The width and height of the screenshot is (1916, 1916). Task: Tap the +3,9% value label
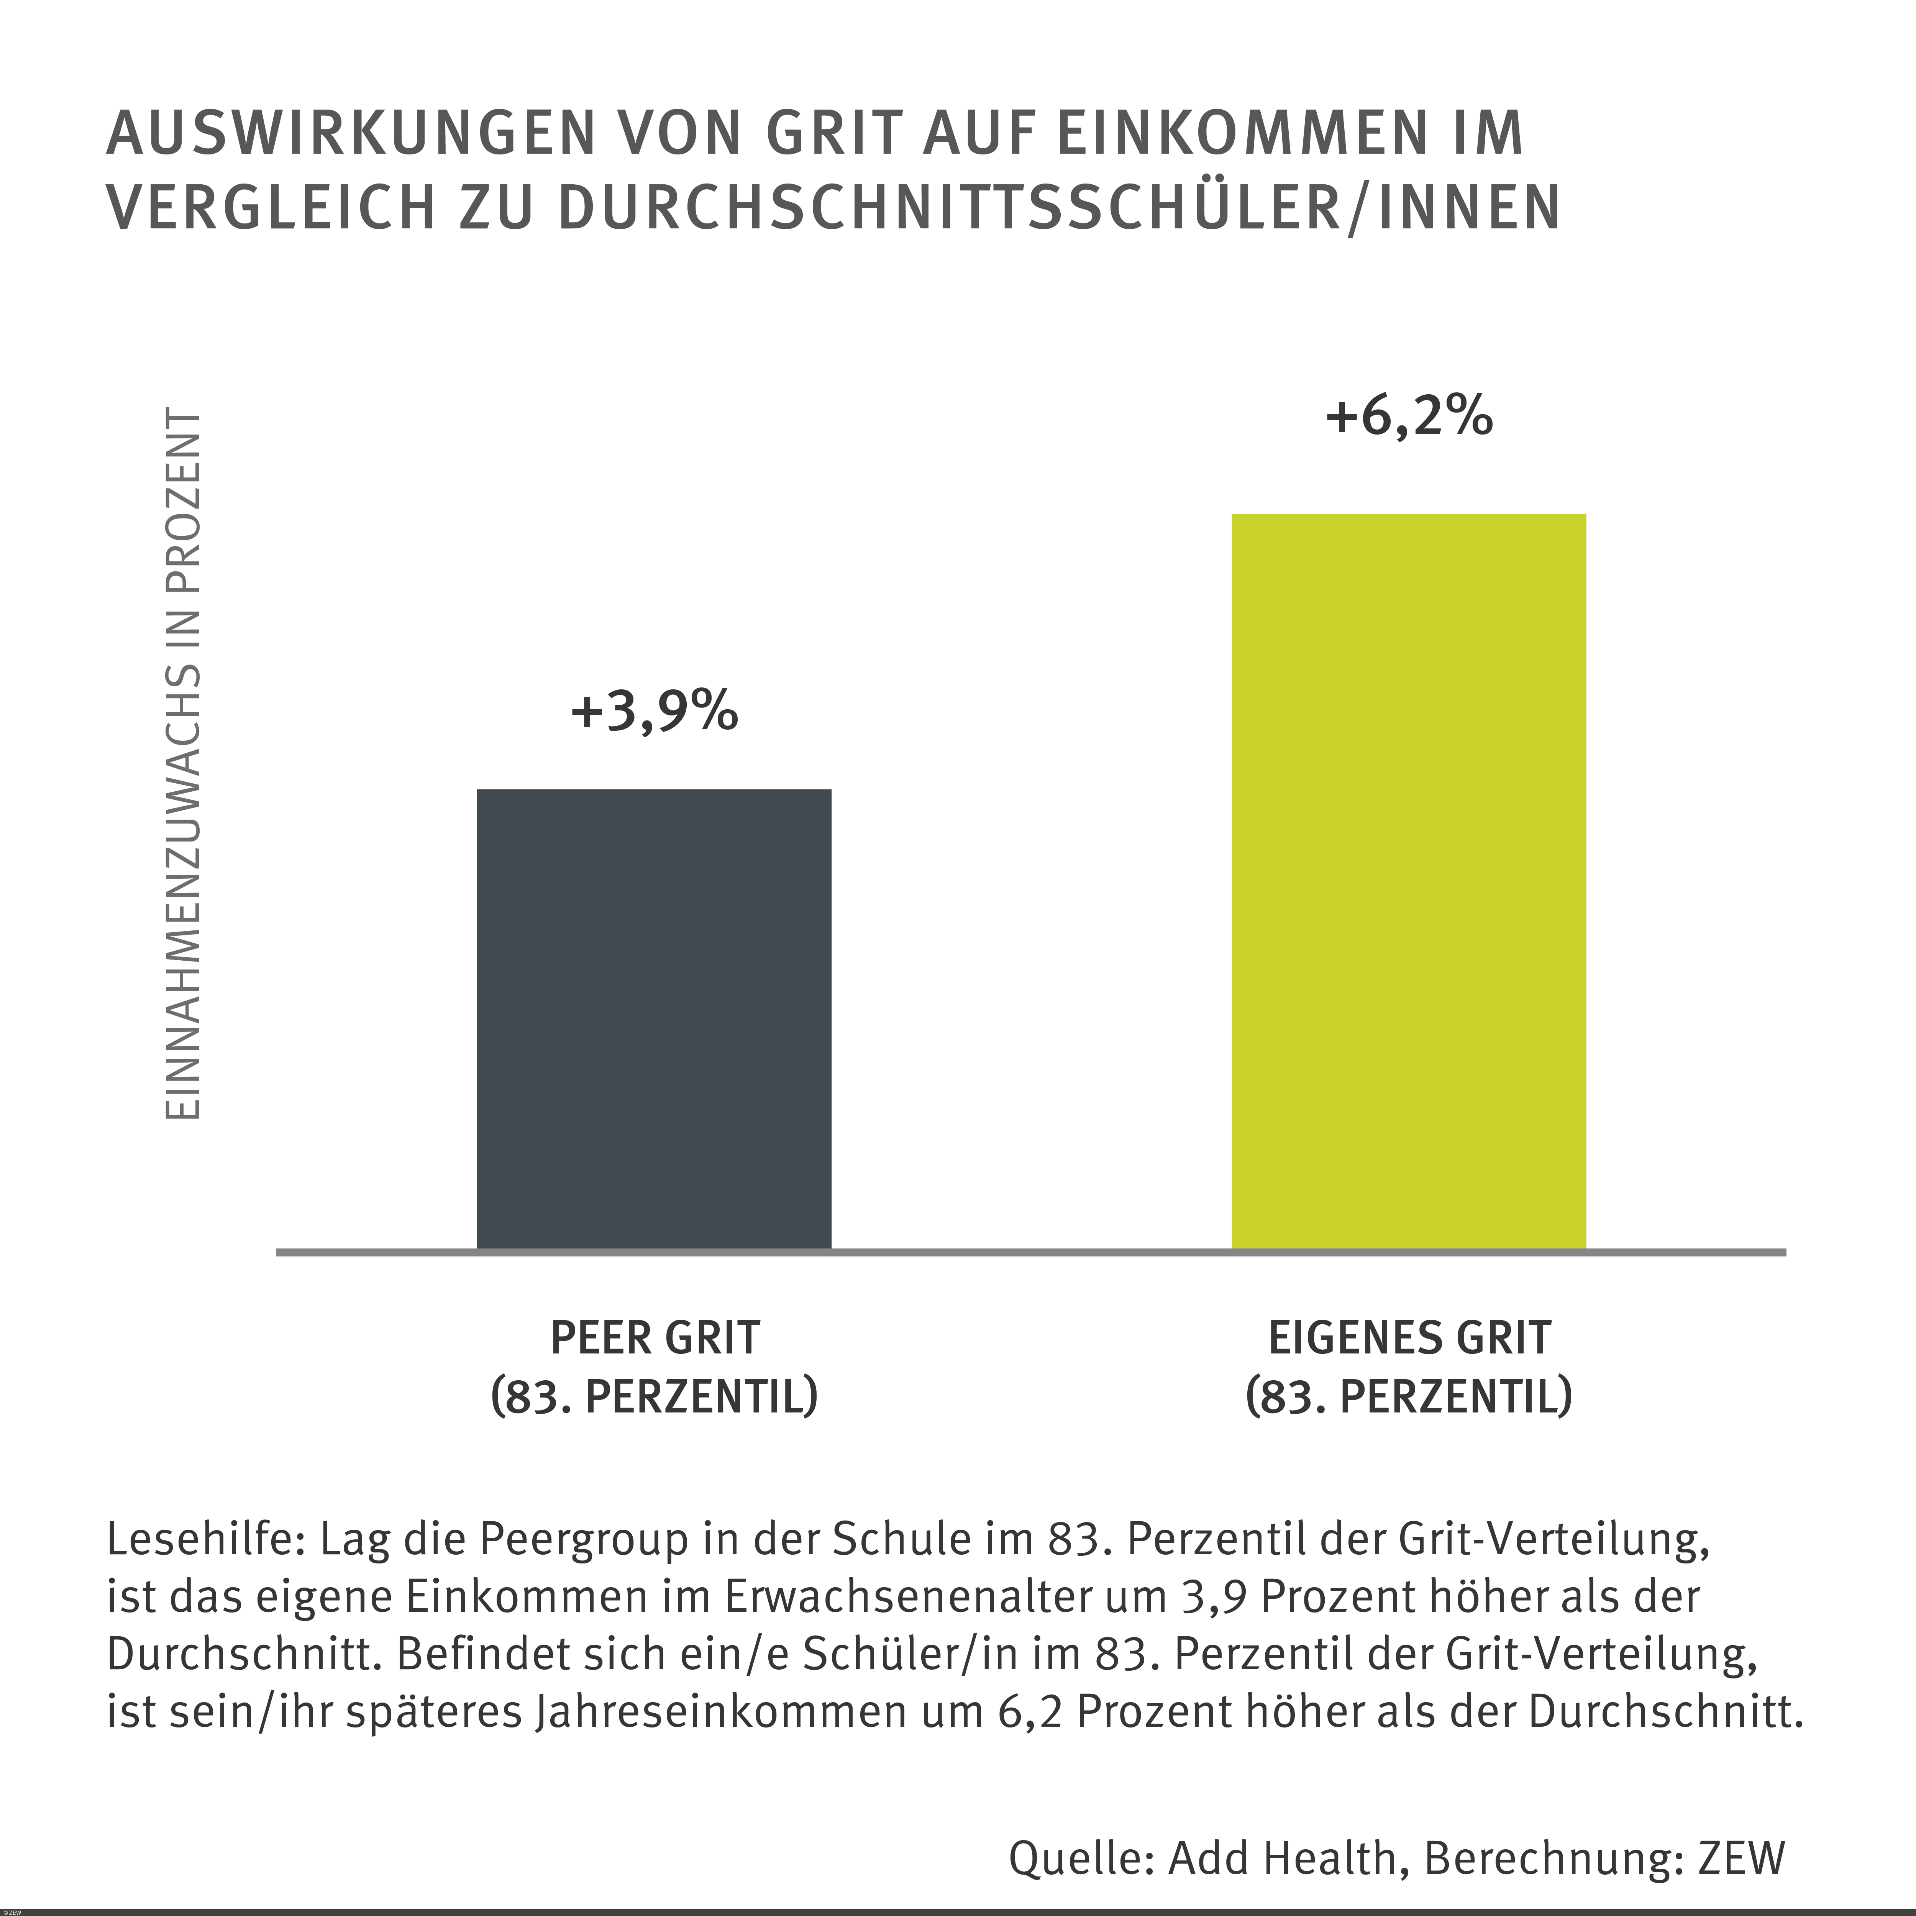655,712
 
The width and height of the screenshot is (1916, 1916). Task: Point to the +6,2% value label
1408,417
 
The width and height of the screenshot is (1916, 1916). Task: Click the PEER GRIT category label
655,1338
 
